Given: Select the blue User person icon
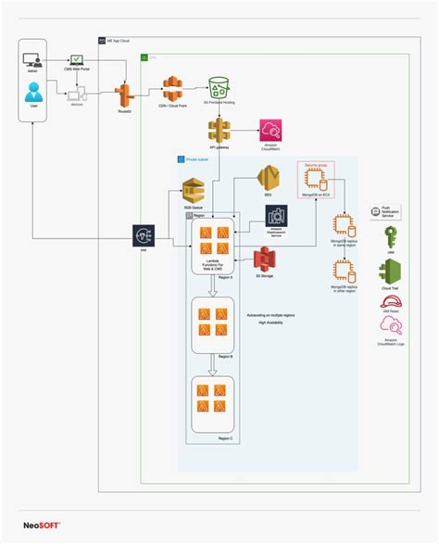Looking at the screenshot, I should point(34,93).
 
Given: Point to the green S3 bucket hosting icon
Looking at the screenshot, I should point(219,89).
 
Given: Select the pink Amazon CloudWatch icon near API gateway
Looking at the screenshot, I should point(270,129).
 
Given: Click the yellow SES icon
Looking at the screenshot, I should point(269,176).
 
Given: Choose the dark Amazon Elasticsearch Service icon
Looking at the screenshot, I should point(276,216).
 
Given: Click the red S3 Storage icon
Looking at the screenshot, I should point(266,260).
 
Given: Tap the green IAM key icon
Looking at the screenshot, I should point(390,236).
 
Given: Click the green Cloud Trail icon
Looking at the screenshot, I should point(390,272).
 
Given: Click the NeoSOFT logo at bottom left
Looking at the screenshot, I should point(42,525).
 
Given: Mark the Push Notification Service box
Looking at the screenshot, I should point(390,212).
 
